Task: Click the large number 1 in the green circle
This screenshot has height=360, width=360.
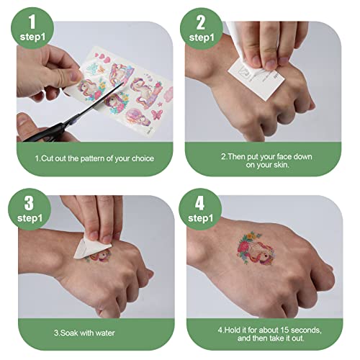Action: [32, 22]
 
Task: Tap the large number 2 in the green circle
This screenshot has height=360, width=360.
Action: [201, 22]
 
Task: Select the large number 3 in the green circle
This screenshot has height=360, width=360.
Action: [29, 203]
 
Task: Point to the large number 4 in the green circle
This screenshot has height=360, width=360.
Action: [199, 203]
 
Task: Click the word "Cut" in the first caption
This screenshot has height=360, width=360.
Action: [48, 158]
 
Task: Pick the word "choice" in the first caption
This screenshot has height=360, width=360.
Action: [143, 158]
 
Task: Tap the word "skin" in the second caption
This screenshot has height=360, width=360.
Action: [281, 165]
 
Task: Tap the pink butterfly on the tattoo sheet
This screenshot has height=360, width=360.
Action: [157, 114]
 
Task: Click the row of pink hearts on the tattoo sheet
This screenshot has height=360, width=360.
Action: [103, 58]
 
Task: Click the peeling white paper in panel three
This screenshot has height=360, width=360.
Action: [92, 246]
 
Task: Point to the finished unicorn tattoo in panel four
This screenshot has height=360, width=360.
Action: [256, 248]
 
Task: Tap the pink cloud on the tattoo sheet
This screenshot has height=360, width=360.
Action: [168, 94]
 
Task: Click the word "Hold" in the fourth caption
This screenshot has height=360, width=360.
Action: [233, 330]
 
